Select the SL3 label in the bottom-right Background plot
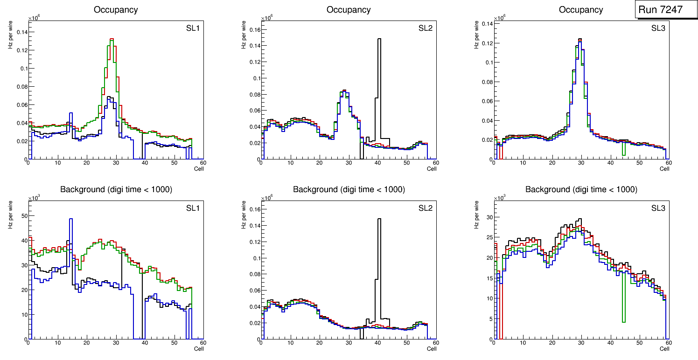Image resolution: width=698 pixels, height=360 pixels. (658, 208)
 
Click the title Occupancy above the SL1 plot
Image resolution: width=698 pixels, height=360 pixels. (116, 10)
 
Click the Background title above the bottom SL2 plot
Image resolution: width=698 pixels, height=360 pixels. (349, 189)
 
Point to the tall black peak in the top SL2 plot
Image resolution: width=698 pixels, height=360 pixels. (379, 39)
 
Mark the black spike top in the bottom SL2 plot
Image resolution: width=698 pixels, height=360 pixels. (379, 219)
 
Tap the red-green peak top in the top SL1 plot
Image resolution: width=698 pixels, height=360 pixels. (112, 39)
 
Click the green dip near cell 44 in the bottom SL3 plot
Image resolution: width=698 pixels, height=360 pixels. (623, 321)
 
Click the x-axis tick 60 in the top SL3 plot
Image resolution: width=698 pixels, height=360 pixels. (668, 163)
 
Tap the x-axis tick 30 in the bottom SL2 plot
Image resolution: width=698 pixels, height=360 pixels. (349, 343)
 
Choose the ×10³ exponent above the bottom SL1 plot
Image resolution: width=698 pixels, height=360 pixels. (34, 198)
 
